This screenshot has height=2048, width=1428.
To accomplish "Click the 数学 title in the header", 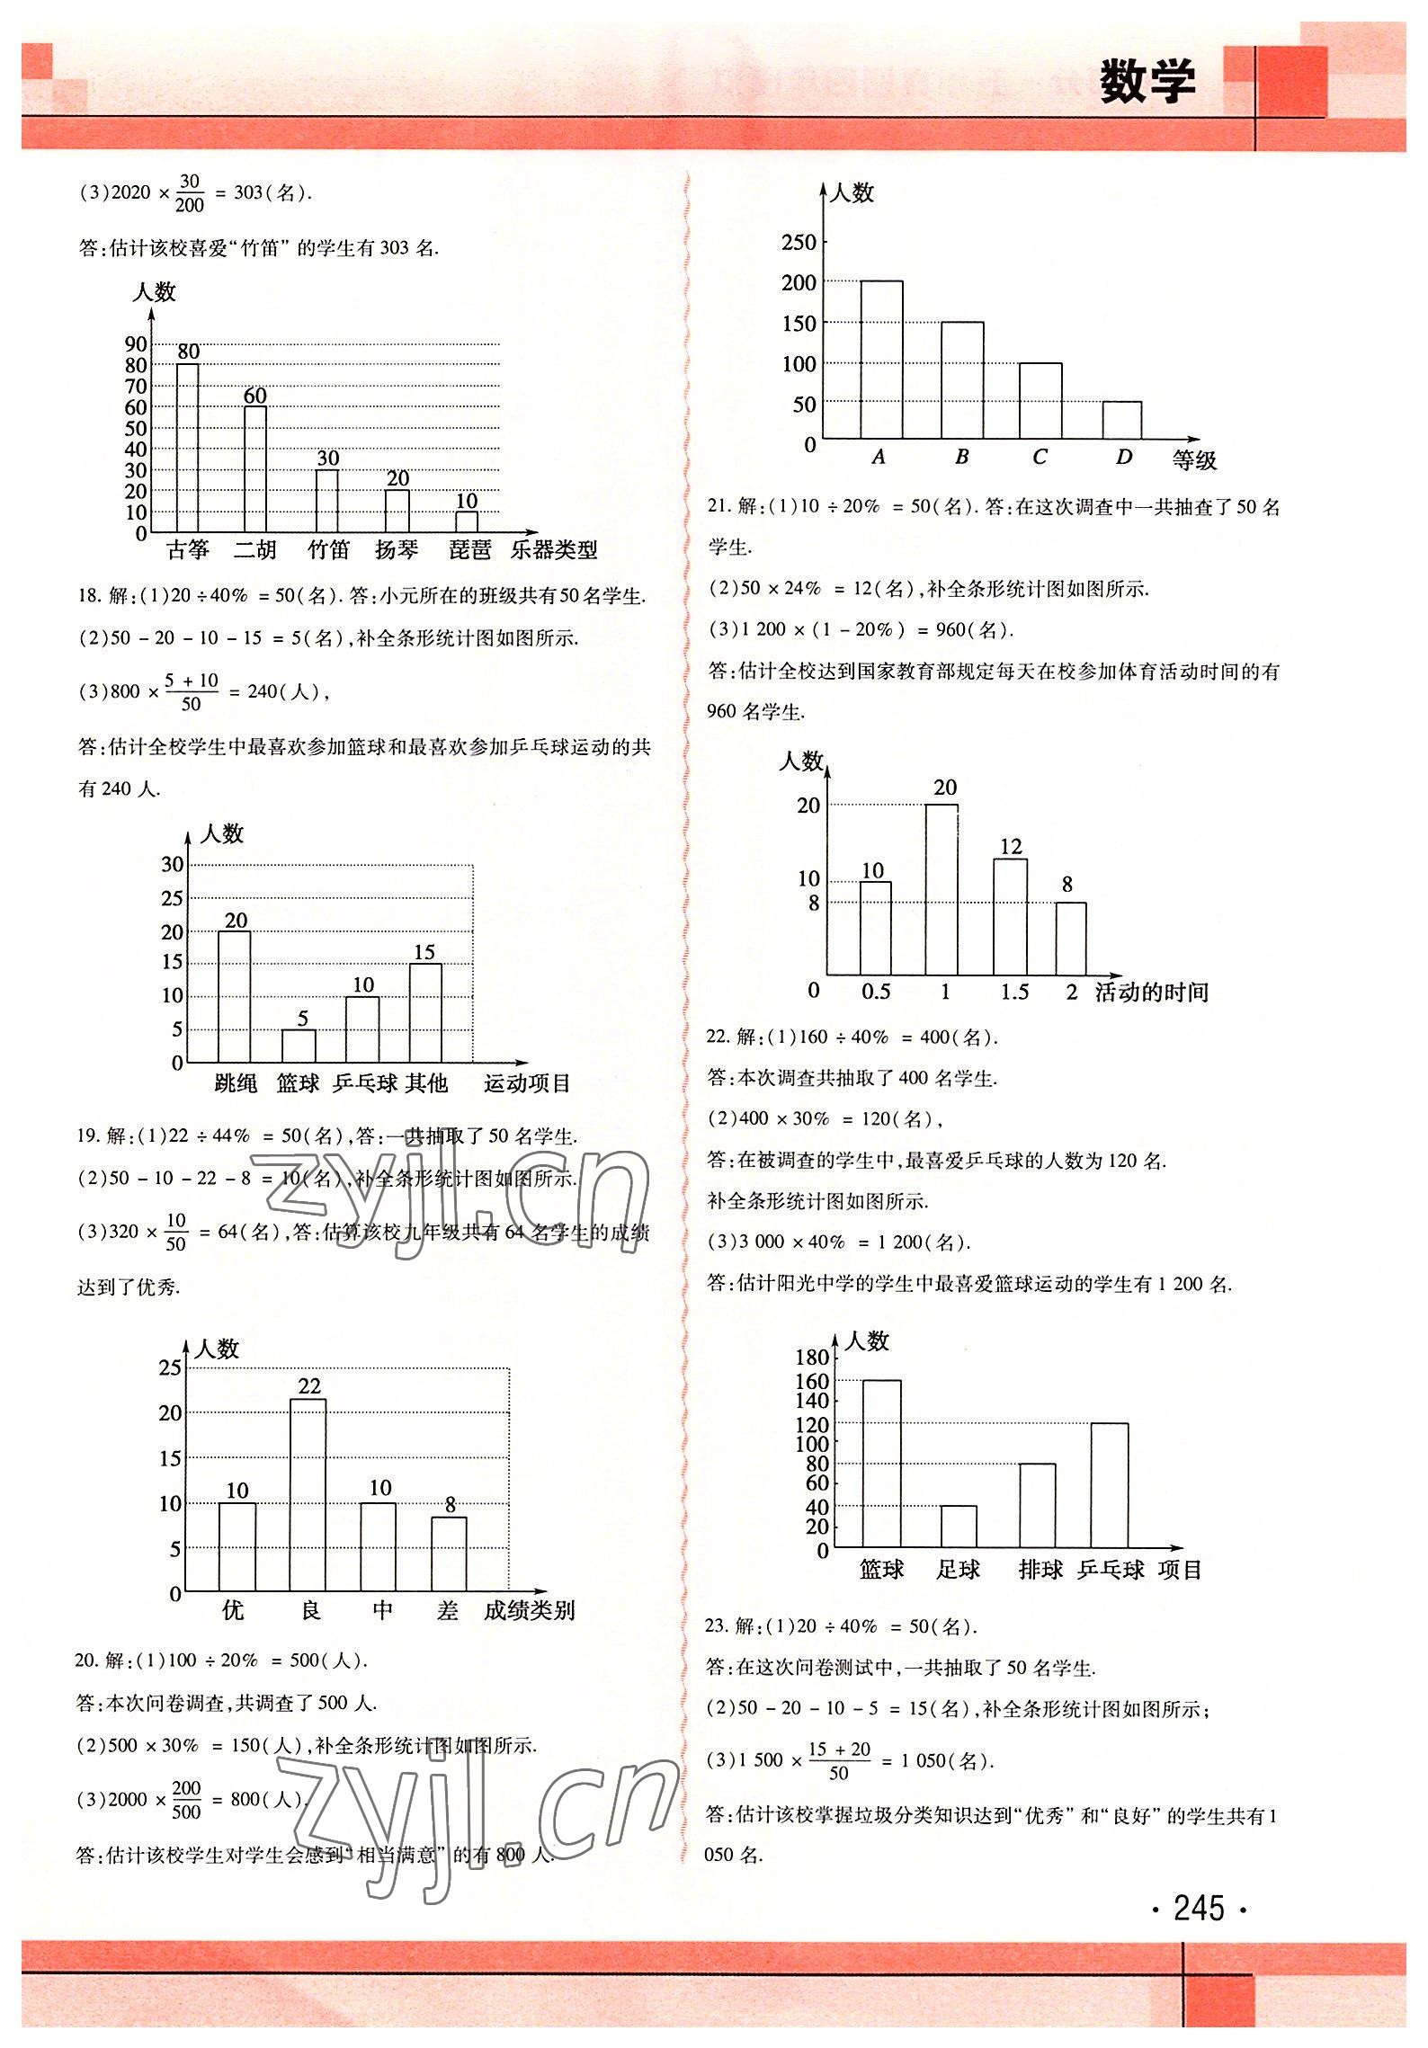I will coord(1147,83).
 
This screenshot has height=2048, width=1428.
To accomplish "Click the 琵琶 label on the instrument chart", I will coord(469,550).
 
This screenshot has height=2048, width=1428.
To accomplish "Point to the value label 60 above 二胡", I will coord(255,396).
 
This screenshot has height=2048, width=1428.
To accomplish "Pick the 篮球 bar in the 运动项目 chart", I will coord(299,1046).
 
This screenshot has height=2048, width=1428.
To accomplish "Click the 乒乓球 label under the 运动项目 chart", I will coord(365,1083).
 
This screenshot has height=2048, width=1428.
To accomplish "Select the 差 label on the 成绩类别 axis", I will coord(448,1610).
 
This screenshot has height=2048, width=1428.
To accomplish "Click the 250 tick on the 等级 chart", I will coord(799,242).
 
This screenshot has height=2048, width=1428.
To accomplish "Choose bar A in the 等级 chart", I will coord(881,360).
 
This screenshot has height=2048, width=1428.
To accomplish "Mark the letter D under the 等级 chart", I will coord(1123,457).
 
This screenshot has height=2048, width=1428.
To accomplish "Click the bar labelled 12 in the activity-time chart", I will coord(1010,917).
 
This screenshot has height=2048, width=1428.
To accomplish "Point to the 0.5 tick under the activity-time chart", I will coord(875,992).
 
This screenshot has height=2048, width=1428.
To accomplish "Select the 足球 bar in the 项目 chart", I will coord(959,1527).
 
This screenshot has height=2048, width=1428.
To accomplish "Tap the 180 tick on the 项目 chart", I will coord(812,1358).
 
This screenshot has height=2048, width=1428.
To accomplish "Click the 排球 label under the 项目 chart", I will coord(1040,1570).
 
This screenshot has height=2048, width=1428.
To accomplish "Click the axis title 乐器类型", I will coord(554,550).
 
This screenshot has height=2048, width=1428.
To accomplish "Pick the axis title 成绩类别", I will coord(529,1610).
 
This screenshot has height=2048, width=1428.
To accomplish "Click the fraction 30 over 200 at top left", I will coord(189,192).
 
